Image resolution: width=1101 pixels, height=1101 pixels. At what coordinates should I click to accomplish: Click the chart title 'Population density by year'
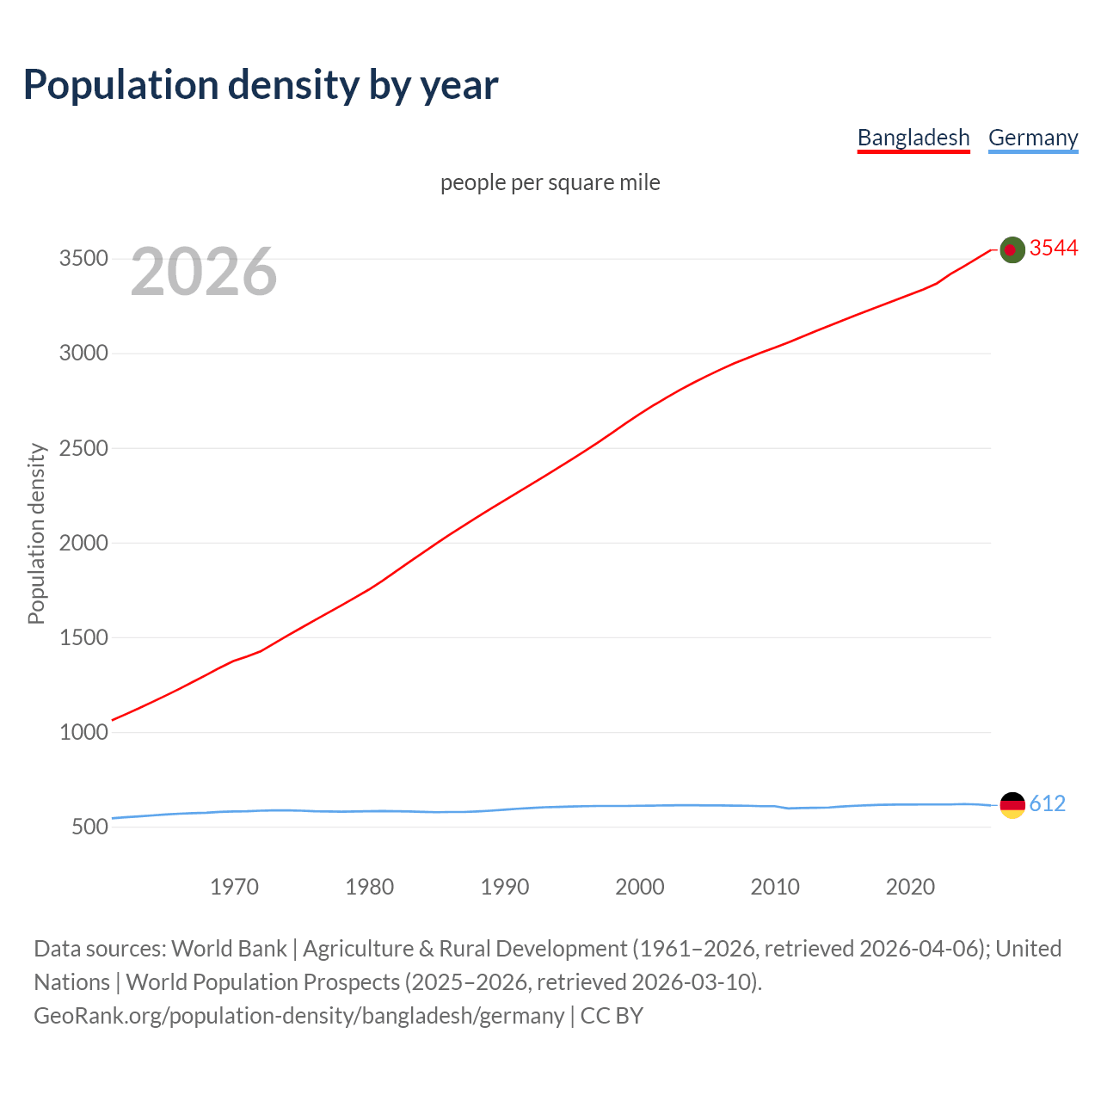coord(261,85)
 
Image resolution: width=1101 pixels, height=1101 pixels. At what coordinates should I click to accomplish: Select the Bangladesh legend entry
coord(913,138)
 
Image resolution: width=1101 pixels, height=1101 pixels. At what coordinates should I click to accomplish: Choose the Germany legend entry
coord(1033,138)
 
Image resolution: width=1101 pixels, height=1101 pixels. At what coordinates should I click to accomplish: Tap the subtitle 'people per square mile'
coord(550,183)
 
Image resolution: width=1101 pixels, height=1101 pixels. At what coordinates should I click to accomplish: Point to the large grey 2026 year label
coord(204,272)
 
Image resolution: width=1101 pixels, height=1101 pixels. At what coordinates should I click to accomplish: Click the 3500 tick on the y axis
coord(83,259)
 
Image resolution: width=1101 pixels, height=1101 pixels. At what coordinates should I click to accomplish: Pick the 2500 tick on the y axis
coord(83,448)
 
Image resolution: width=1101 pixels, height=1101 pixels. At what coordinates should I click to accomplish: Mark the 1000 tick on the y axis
coord(83,732)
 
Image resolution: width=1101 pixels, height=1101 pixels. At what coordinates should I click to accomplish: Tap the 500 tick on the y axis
coord(90,827)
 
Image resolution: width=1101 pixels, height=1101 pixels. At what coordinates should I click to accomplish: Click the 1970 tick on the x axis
coord(234,887)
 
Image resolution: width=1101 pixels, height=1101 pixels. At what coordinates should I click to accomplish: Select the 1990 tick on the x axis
coord(505,887)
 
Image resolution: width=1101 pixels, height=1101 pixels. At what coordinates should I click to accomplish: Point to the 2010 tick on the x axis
coord(775,887)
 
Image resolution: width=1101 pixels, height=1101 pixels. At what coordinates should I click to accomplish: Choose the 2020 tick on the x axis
coord(910,887)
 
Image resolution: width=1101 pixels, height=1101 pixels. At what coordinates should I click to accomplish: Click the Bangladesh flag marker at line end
coord(1012,249)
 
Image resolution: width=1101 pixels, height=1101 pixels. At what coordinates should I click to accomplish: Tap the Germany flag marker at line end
coord(1012,805)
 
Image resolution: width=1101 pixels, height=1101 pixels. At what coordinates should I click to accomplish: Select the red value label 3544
coord(1054,249)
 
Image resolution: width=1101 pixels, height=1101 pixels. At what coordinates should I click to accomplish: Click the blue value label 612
coord(1047,803)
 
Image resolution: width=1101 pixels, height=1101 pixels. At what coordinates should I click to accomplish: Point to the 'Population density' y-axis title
coord(36,533)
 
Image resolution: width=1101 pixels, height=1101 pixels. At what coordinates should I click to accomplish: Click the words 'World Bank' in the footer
coord(229,949)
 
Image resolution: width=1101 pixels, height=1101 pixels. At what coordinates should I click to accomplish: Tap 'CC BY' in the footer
coord(612,1016)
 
